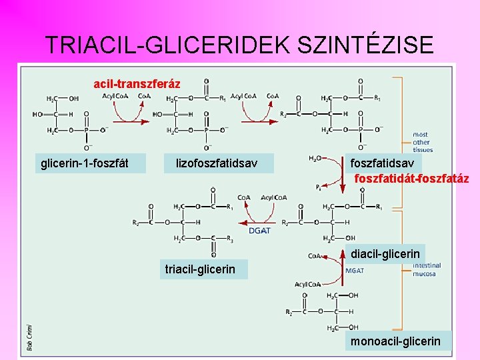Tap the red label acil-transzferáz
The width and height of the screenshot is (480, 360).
(137, 84)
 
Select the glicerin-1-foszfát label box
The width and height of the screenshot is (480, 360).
(85, 163)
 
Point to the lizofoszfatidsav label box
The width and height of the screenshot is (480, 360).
(217, 163)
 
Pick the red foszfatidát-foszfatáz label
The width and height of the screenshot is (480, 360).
(411, 179)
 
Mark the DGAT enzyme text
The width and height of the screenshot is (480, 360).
(259, 231)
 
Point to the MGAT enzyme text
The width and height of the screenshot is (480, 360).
(355, 270)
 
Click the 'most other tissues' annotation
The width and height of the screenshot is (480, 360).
(421, 142)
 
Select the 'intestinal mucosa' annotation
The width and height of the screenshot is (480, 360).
(425, 269)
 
